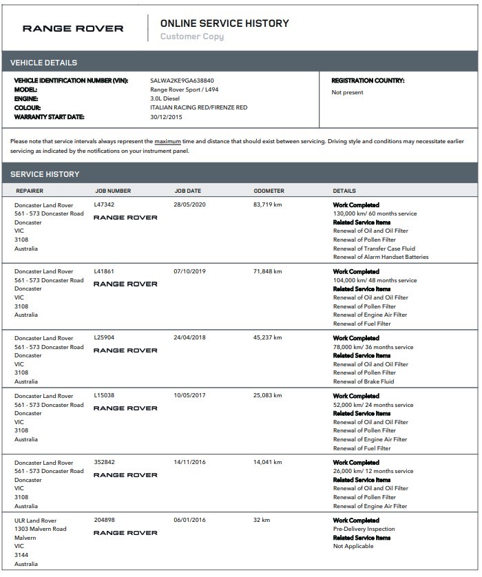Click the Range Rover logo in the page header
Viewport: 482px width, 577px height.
73,28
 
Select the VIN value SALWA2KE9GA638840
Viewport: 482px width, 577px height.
182,81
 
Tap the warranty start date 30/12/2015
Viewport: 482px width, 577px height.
166,116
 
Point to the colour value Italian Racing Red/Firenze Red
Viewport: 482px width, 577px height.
198,107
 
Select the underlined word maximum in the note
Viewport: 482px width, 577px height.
168,141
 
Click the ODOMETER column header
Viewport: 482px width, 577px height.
269,191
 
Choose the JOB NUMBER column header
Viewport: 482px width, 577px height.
113,191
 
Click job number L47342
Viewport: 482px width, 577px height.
104,204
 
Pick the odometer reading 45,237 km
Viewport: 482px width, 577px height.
268,338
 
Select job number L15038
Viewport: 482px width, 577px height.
104,396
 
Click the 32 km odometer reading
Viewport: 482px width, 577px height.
262,521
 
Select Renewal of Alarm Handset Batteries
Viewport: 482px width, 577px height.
381,257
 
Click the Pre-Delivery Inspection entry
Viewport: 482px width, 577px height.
364,529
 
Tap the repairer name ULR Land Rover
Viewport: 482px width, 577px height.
35,521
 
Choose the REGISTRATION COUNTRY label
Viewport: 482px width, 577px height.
368,81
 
